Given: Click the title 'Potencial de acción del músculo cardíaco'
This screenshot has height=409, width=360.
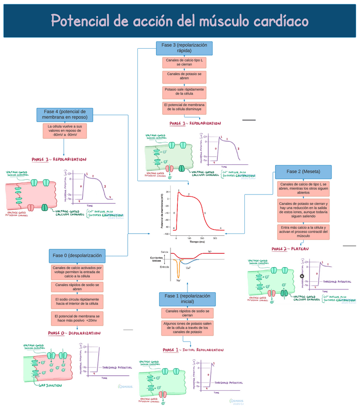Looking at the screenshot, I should pyautogui.click(x=179, y=21).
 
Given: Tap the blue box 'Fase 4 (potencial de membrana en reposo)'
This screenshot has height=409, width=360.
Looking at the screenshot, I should pyautogui.click(x=65, y=114).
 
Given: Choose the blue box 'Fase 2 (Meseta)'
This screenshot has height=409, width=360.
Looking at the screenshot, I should pyautogui.click(x=303, y=172).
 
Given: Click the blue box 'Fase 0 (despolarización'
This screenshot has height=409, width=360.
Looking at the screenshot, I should pyautogui.click(x=77, y=255).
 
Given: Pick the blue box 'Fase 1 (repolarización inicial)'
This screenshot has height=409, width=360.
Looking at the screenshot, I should pyautogui.click(x=187, y=299).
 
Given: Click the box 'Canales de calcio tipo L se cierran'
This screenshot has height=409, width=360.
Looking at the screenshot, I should pyautogui.click(x=184, y=63).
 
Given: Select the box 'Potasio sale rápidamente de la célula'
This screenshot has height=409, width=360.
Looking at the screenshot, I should pyautogui.click(x=184, y=92).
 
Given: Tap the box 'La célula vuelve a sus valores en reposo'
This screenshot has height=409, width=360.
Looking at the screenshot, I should pyautogui.click(x=65, y=131).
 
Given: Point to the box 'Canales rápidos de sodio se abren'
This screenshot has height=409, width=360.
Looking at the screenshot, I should pyautogui.click(x=77, y=287).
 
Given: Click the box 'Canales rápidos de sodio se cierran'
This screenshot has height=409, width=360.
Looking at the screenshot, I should pyautogui.click(x=187, y=314).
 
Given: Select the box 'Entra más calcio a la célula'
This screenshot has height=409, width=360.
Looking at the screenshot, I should pyautogui.click(x=303, y=232).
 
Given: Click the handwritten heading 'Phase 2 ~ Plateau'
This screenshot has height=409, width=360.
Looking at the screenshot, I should pyautogui.click(x=290, y=249).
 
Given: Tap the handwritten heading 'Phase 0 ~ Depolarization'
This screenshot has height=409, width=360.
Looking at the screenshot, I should pyautogui.click(x=74, y=333).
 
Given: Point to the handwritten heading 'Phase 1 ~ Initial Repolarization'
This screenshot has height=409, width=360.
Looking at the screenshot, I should pyautogui.click(x=193, y=350).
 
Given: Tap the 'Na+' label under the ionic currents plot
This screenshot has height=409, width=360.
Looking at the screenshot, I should pyautogui.click(x=178, y=280).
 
